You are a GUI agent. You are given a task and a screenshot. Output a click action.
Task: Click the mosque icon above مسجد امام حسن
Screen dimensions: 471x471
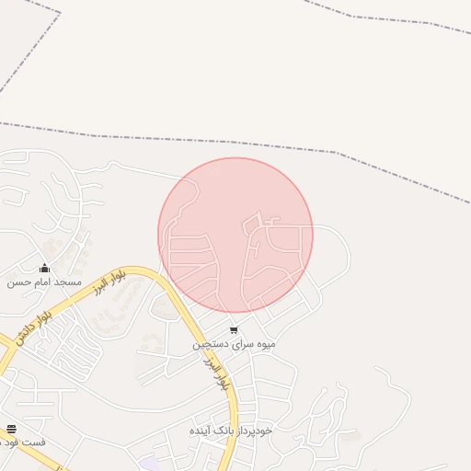(44, 269)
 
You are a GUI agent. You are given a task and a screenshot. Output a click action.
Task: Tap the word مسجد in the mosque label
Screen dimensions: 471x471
(67, 281)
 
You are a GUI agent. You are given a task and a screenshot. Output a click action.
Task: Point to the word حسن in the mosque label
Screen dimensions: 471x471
(17, 281)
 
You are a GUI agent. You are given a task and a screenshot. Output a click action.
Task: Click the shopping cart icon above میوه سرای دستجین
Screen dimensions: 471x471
(234, 330)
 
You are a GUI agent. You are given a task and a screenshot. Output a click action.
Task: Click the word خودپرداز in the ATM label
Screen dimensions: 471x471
(257, 431)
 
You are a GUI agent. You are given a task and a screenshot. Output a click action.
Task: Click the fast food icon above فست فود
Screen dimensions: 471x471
(11, 429)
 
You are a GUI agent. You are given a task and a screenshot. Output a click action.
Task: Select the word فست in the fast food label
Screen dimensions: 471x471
(36, 442)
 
